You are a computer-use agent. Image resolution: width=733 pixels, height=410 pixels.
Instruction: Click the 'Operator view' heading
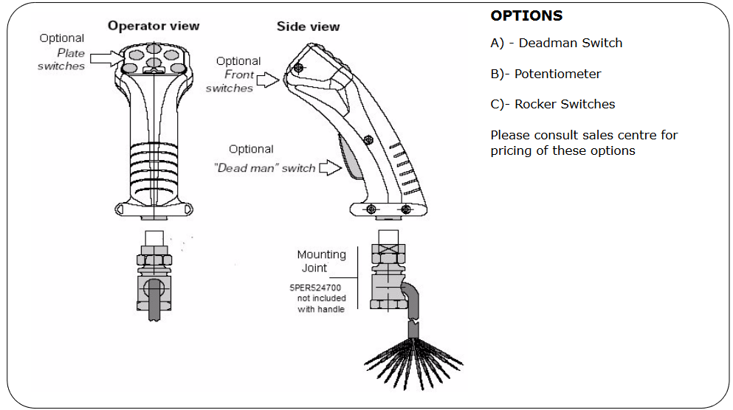tap(154, 26)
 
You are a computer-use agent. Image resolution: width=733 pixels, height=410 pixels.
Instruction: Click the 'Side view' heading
tap(308, 27)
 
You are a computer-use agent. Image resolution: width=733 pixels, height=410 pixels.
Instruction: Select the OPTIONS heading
tap(526, 15)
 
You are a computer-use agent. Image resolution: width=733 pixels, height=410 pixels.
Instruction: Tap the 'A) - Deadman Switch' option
tap(556, 43)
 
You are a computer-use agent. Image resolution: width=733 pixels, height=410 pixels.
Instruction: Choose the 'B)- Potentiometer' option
tap(546, 74)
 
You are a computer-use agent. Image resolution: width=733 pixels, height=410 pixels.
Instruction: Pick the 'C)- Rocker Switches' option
tap(552, 104)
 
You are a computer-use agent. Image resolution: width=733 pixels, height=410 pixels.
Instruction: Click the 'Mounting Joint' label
tap(321, 262)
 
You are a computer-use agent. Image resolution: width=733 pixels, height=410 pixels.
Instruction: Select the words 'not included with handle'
tap(321, 304)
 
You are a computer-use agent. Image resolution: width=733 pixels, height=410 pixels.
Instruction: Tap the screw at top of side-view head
tap(297, 67)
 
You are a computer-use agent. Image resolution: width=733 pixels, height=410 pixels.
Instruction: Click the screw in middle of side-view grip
tap(367, 137)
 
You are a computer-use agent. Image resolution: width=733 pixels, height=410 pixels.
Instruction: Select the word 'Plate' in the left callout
tap(71, 53)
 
